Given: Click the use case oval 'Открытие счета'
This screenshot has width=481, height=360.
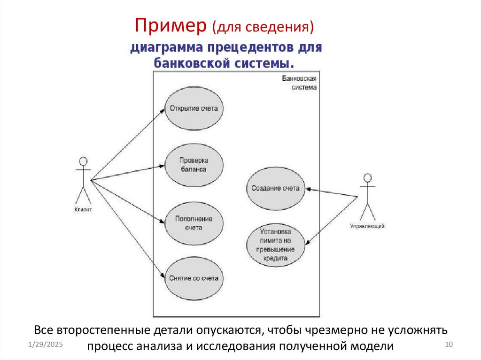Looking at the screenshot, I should tap(193, 109).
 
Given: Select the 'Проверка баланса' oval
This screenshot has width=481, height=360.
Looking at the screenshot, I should tap(193, 165).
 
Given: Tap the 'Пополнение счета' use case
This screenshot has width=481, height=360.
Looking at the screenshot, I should tap(193, 223).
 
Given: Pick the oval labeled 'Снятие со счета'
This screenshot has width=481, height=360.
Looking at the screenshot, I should tap(193, 278).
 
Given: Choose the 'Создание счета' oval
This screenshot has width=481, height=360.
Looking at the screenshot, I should tap(275, 188).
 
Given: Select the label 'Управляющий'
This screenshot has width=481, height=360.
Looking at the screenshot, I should tap(367, 226).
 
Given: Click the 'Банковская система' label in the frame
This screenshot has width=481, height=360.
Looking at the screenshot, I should tap(300, 83).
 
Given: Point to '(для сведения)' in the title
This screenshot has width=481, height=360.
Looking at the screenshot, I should tap(263, 27).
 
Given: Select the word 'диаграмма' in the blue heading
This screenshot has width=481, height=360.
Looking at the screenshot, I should tap(164, 48).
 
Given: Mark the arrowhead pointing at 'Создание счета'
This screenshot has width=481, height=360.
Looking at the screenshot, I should tap(309, 189).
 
